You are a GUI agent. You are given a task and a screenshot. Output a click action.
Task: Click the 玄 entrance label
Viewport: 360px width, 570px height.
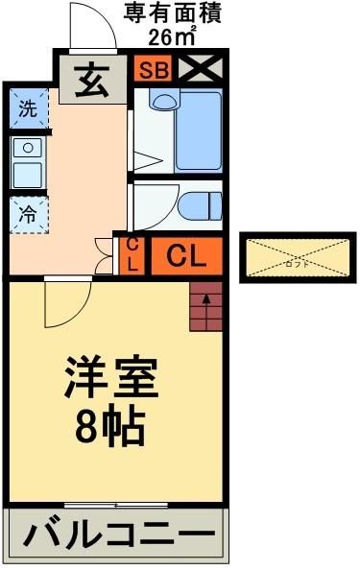[x=91, y=78]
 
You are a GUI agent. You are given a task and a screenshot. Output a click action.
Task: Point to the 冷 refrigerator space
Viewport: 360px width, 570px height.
[x=29, y=215]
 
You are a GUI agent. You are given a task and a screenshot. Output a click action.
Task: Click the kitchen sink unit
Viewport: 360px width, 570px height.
[x=28, y=162]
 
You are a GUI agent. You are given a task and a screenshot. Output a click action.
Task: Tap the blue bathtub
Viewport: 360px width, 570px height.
[x=199, y=130]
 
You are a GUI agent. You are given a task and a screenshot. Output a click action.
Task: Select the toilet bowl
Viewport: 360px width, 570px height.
[x=200, y=205]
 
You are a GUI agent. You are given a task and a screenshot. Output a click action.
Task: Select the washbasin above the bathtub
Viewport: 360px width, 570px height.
[x=165, y=101]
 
